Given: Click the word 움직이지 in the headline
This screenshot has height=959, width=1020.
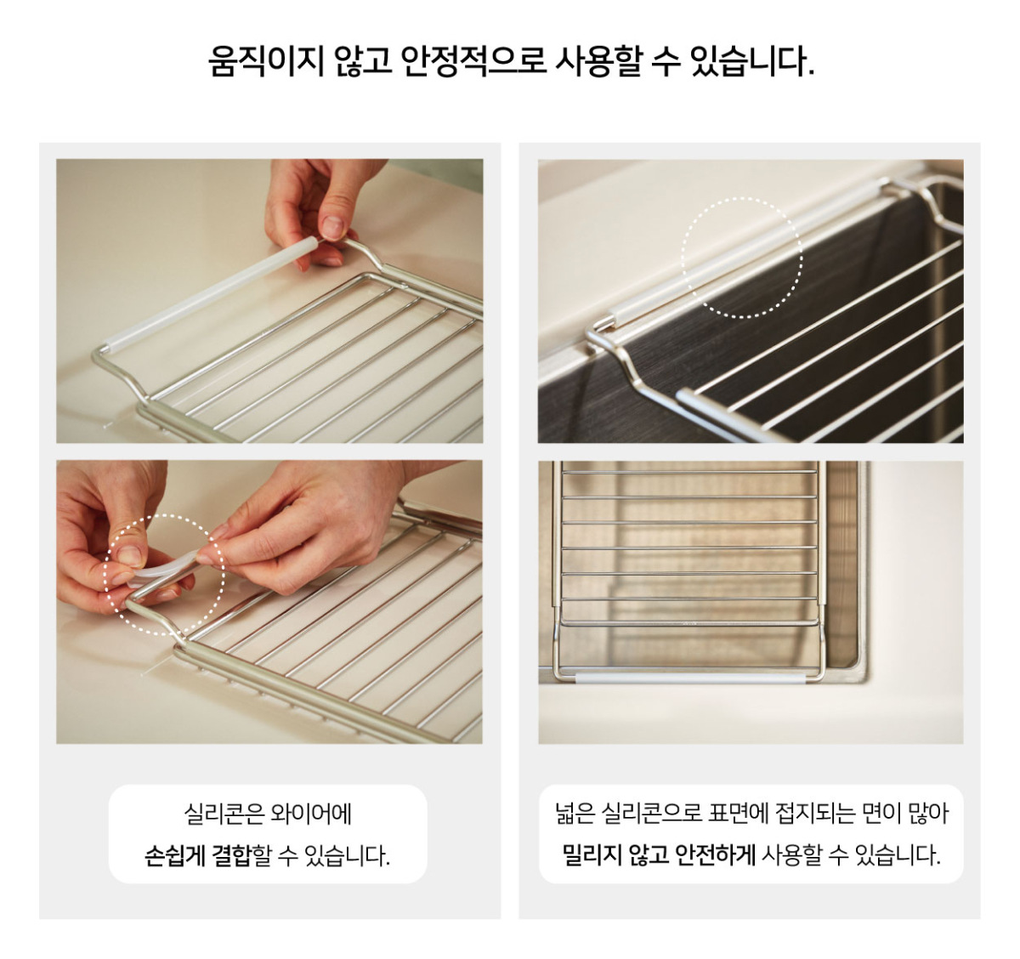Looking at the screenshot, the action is (x=265, y=60).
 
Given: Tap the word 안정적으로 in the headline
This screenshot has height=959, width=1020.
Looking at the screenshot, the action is (x=473, y=60).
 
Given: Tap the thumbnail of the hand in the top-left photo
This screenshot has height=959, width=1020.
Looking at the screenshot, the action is (x=333, y=227).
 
